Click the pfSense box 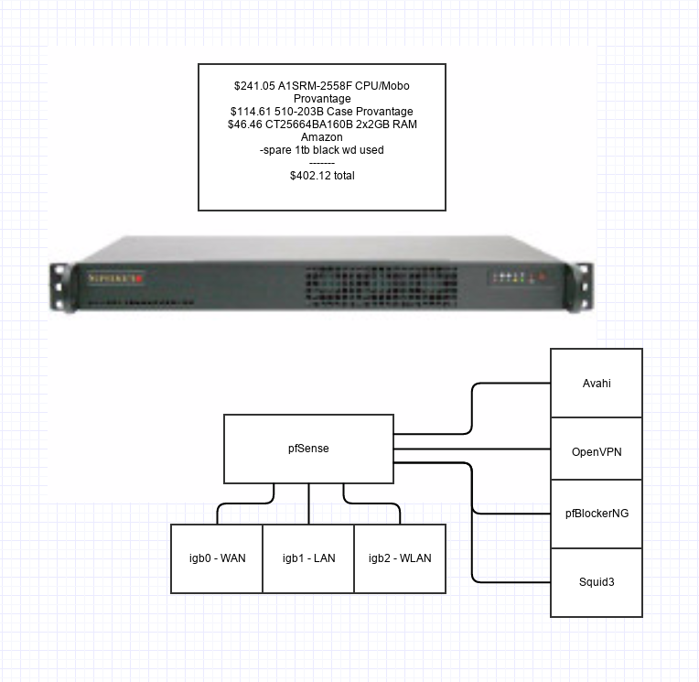308,448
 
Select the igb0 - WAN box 217,558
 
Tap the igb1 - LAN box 308,558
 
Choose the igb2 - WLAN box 400,558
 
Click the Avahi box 596,384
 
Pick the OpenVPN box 596,450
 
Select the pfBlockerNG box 596,514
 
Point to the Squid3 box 596,581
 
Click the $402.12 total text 321,175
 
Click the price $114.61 252,112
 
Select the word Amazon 321,137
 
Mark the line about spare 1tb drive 321,150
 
